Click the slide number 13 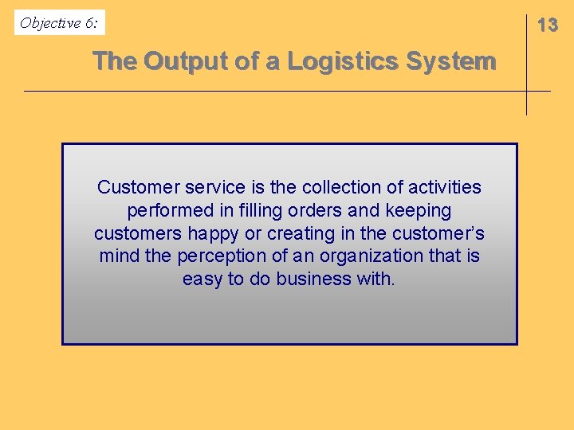click(548, 25)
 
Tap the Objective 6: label click(60, 23)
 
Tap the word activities click(445, 188)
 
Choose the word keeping click(418, 211)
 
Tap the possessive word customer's click(439, 234)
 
